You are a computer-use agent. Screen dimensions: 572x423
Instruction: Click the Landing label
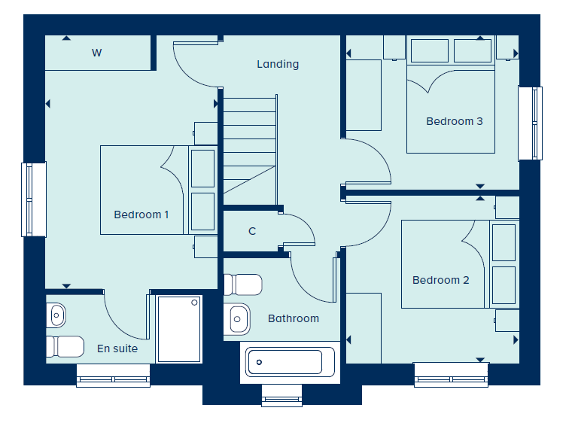(278, 64)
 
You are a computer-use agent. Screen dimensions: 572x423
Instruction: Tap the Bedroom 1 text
(141, 215)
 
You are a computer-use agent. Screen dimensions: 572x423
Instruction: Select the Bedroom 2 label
(441, 280)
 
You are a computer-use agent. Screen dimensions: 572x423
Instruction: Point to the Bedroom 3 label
(455, 121)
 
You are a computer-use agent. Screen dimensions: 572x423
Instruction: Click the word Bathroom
(294, 318)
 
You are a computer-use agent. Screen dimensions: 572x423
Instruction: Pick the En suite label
(117, 348)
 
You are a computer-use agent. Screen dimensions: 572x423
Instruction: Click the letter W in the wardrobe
(96, 53)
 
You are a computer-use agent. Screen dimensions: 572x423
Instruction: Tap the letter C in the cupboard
(252, 231)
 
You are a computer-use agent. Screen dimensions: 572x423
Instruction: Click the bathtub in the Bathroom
(290, 362)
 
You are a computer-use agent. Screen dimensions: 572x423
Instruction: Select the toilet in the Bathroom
(242, 285)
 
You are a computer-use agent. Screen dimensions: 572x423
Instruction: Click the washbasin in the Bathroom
(237, 319)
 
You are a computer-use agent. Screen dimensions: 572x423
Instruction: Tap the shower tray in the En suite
(179, 329)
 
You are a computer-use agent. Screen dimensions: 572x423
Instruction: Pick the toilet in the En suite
(65, 346)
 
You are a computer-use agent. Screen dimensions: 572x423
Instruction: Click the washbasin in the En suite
(56, 315)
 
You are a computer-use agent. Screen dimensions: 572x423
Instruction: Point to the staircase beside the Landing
(250, 151)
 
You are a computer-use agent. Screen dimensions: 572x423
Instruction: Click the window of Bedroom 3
(531, 123)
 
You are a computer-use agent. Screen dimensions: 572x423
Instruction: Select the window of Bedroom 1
(34, 199)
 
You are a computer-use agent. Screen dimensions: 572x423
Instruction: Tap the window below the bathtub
(282, 395)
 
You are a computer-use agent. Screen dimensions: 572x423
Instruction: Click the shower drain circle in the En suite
(194, 303)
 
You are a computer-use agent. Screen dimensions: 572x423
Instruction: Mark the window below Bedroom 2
(451, 375)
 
